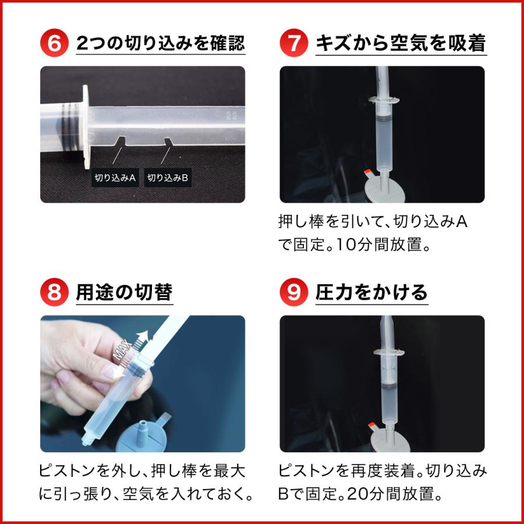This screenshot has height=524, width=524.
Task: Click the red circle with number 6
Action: pyautogui.click(x=54, y=44)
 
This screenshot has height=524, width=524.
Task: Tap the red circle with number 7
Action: pyautogui.click(x=294, y=44)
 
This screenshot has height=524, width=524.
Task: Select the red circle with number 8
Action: pyautogui.click(x=54, y=292)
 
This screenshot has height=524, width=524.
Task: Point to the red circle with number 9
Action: pyautogui.click(x=294, y=292)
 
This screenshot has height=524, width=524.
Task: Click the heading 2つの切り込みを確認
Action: pyautogui.click(x=160, y=44)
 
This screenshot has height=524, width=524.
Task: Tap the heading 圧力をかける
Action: pyautogui.click(x=371, y=292)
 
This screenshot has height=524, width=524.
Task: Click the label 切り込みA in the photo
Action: pyautogui.click(x=115, y=178)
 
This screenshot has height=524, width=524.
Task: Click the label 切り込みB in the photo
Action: pyautogui.click(x=168, y=178)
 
